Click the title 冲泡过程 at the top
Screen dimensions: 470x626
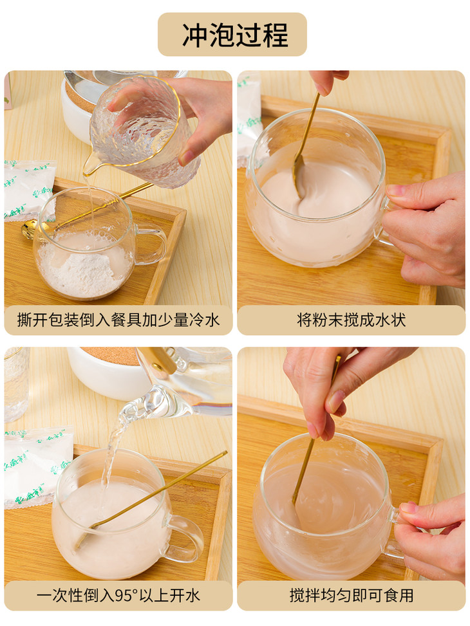[235, 35]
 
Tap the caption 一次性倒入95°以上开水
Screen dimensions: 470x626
[118, 596]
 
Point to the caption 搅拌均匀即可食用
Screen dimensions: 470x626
[352, 596]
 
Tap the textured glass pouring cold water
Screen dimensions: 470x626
[140, 132]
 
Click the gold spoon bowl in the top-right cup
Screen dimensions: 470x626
[298, 176]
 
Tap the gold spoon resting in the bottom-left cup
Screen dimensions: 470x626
[151, 499]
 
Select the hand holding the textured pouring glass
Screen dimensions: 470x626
[200, 116]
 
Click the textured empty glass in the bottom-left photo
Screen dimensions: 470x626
[16, 384]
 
